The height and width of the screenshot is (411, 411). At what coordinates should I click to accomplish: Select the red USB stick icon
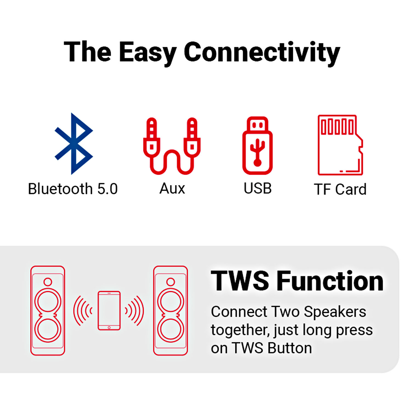(x=258, y=146)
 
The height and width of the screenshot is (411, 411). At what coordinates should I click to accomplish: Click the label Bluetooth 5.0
(x=73, y=189)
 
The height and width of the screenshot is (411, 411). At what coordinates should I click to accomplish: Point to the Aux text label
(x=172, y=189)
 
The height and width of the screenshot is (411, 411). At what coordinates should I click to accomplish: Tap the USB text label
(x=258, y=189)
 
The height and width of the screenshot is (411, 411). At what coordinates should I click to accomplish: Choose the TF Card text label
(x=340, y=189)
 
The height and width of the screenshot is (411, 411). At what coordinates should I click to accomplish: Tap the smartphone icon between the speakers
(x=109, y=310)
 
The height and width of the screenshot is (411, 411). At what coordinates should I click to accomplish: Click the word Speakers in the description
(x=335, y=312)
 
